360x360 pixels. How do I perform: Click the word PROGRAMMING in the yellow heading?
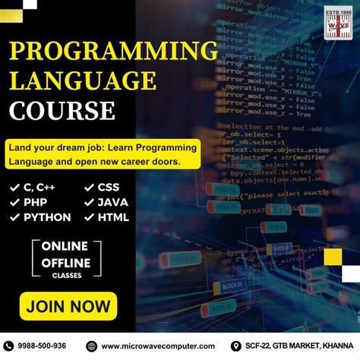[x=113, y=52]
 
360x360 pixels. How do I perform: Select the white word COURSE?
[x=62, y=111]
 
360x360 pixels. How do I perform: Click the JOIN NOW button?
[x=68, y=307]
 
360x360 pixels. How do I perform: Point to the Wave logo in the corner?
[x=339, y=23]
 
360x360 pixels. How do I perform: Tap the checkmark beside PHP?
[x=14, y=202]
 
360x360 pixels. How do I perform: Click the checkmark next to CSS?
[x=87, y=187]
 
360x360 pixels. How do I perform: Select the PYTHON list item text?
[x=47, y=217]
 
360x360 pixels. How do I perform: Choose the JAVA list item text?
[x=112, y=202]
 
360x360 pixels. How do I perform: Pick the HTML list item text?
[x=113, y=217]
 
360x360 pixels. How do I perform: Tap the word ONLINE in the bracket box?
[x=65, y=246]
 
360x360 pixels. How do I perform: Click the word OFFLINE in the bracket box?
[x=65, y=263]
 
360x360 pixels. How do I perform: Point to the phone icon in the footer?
[x=9, y=346]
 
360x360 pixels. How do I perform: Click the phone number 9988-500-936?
[x=43, y=346]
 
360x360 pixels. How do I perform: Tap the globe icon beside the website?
[x=92, y=346]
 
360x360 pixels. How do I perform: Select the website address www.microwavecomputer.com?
[x=158, y=346]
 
